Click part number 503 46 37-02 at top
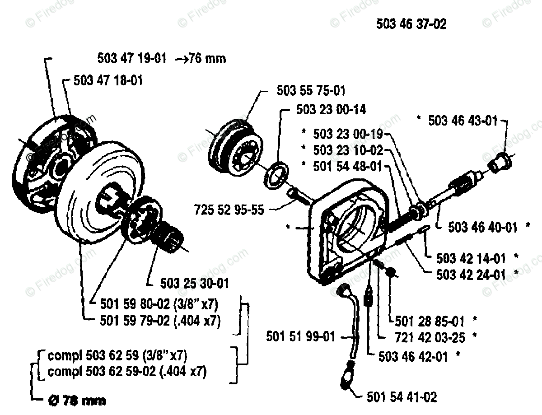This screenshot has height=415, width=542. pos(411,24)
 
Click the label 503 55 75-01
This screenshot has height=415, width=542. pos(311,91)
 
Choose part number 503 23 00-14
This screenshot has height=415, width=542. pos(331,110)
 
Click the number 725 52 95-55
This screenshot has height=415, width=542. pos(229,210)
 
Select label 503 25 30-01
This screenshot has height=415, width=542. pos(194,284)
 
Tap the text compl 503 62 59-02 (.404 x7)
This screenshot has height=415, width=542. pos(127,372)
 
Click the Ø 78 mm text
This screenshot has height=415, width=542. pos(76,401)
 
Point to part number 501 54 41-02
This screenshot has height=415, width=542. pos(402,397)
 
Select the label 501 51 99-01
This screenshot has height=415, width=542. pos(300,336)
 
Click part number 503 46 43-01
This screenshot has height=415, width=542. pos(463,121)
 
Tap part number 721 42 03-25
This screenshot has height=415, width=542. pos(430,336)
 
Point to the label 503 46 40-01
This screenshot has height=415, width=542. pos(482,227)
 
